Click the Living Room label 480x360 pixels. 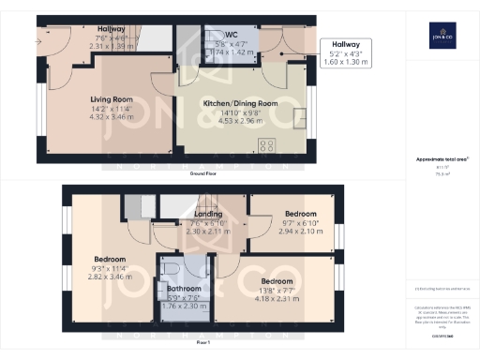(112, 98)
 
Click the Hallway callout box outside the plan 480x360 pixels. (347, 53)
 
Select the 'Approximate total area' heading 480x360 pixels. (438, 159)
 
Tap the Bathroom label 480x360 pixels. (183, 289)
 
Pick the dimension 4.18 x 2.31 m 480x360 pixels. (277, 298)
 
